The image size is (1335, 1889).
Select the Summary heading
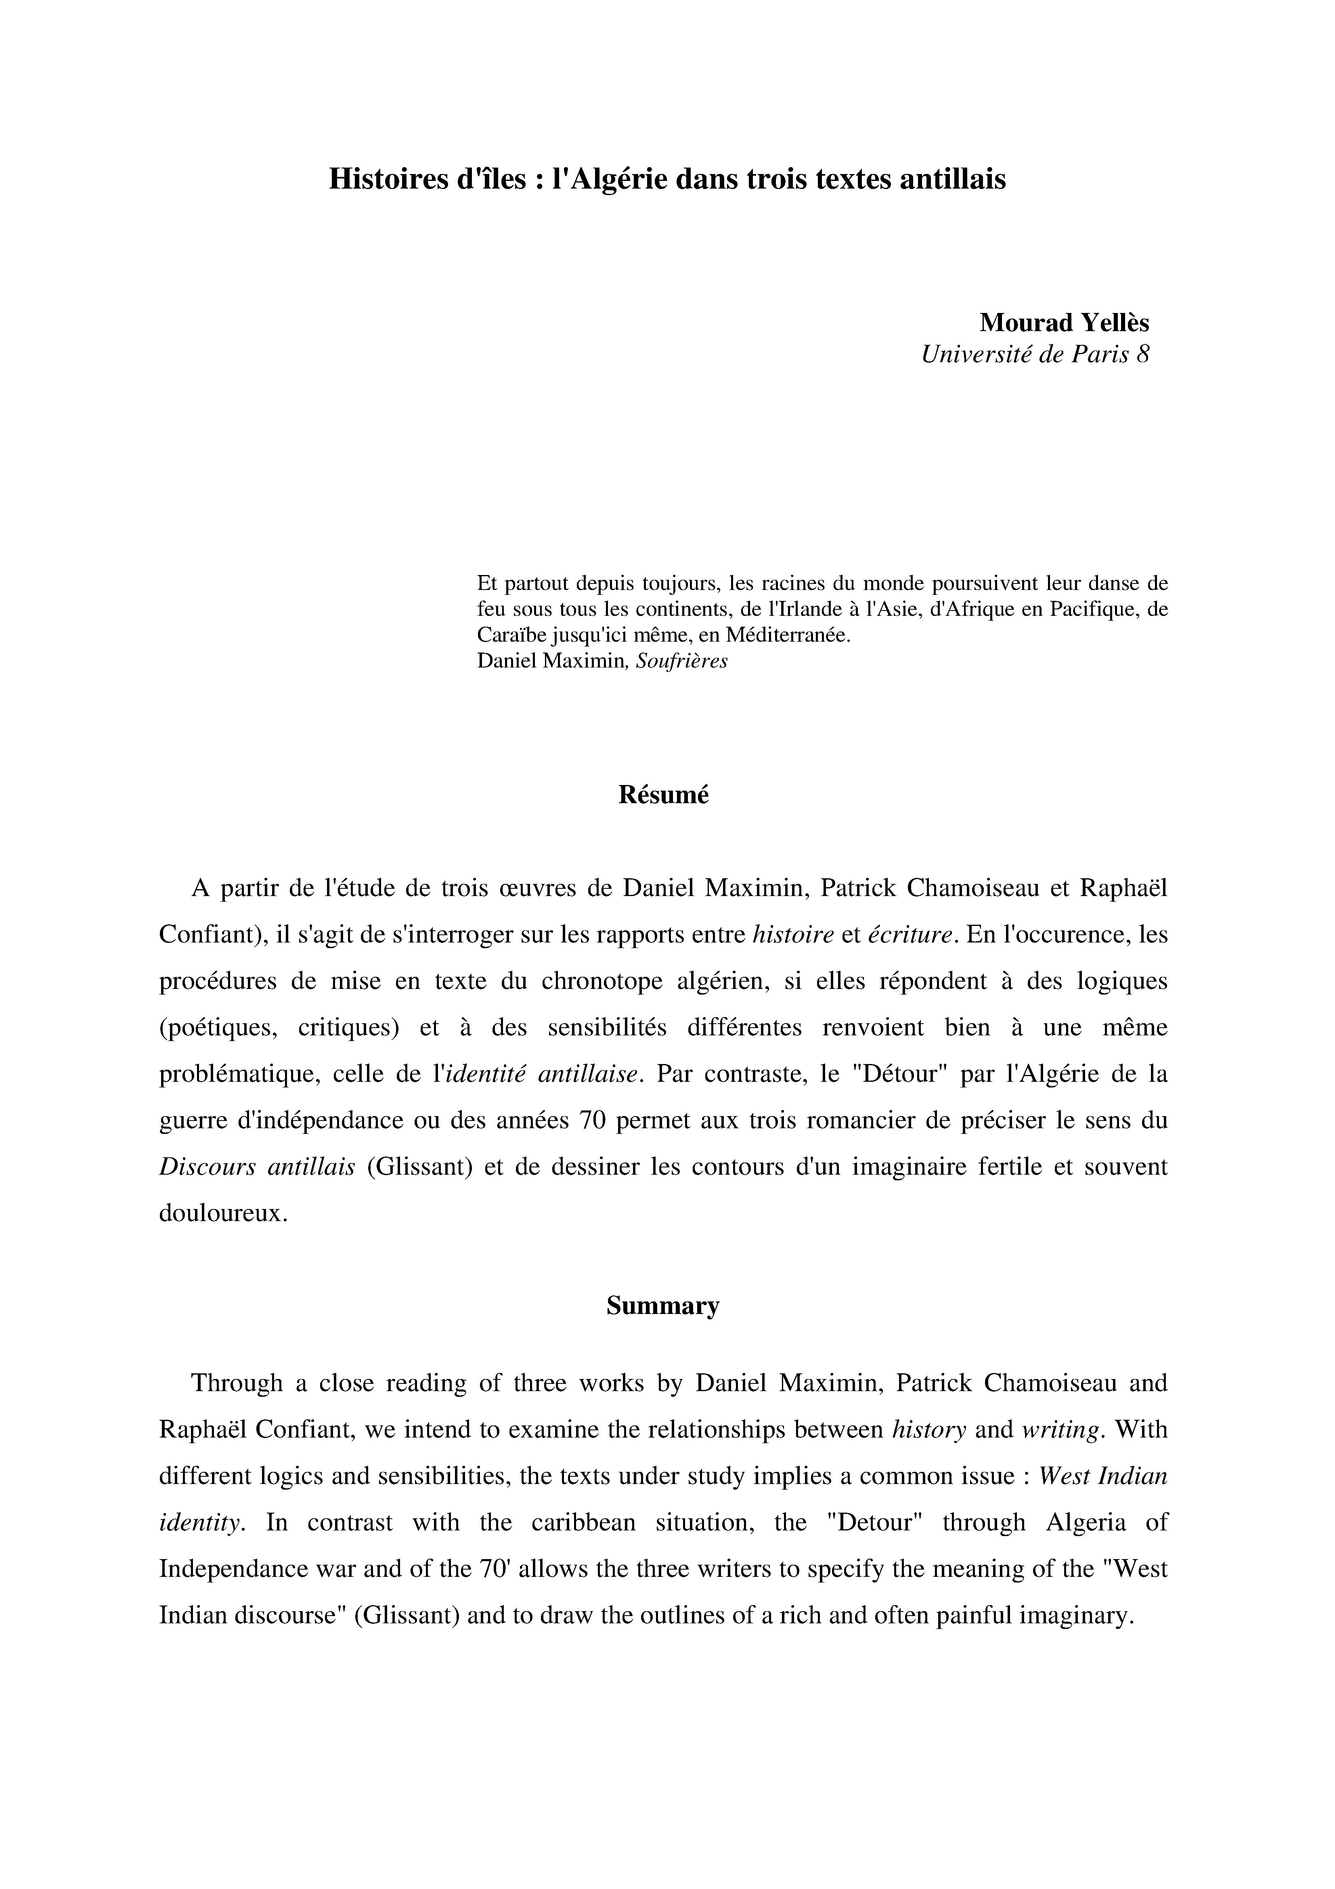[x=663, y=1306]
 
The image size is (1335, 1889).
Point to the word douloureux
[x=222, y=1213]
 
